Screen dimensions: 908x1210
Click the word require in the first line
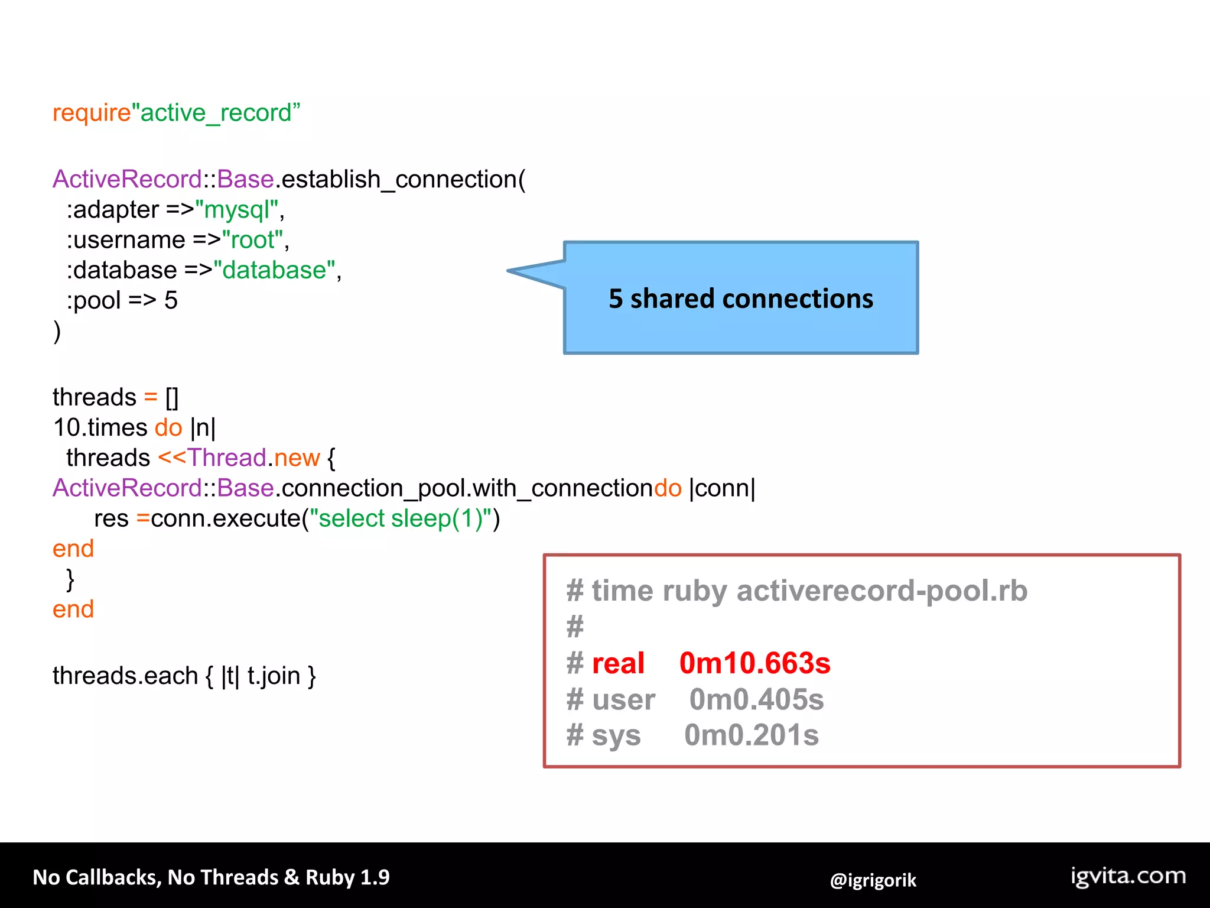click(92, 113)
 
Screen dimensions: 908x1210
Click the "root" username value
click(252, 240)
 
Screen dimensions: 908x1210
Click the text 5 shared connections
click(741, 299)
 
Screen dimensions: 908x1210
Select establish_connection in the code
click(399, 179)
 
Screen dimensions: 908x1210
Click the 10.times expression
click(100, 427)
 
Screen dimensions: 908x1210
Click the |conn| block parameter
click(722, 488)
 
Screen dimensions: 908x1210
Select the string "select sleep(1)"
click(401, 518)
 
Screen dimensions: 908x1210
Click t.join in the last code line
click(274, 676)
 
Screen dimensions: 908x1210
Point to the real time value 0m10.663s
click(754, 663)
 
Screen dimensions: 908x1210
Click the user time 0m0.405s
click(756, 700)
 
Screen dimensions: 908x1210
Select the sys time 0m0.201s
click(752, 735)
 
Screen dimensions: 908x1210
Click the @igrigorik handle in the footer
click(873, 880)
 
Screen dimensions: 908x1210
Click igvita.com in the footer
click(1128, 876)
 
